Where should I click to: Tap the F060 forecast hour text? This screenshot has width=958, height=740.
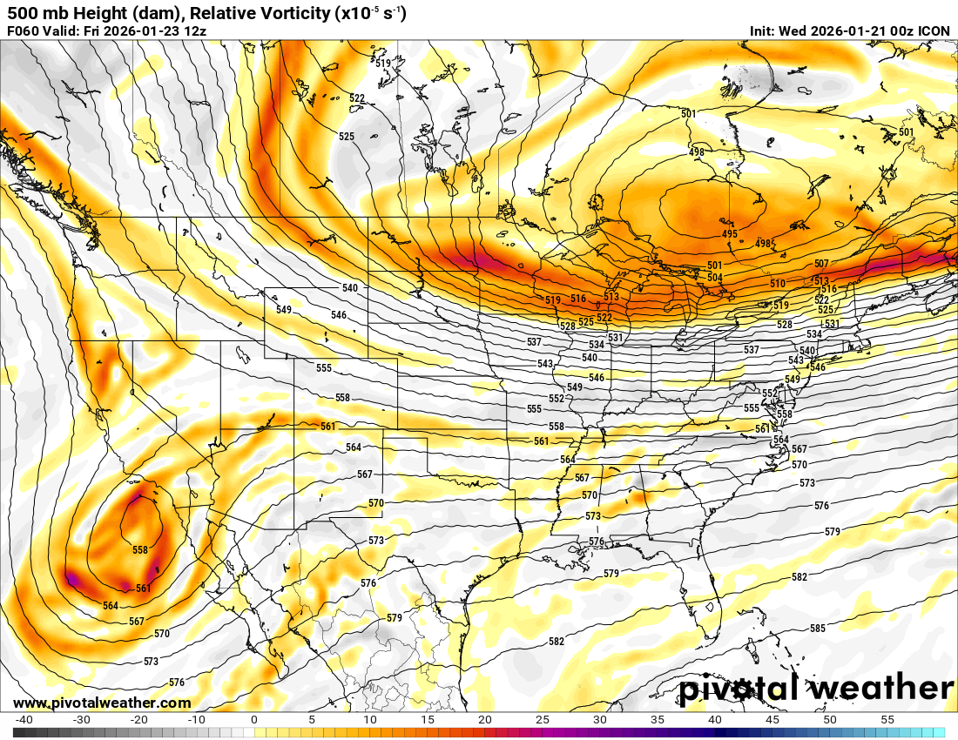[24, 31]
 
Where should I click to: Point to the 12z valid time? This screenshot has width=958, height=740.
[196, 31]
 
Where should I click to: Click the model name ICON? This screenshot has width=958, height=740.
[934, 31]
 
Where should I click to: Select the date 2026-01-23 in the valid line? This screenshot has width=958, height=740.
[142, 31]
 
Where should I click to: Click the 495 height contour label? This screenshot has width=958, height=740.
[730, 234]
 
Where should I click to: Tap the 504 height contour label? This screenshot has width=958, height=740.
[715, 277]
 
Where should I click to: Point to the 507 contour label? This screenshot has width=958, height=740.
[821, 264]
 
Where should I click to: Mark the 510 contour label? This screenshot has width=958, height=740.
[778, 284]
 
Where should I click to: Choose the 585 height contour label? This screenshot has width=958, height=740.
[818, 629]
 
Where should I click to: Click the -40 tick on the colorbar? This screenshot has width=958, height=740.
[24, 720]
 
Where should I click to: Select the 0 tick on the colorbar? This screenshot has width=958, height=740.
[253, 720]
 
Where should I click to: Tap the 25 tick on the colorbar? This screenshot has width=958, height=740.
[542, 720]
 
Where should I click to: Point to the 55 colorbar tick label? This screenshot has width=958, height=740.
[887, 720]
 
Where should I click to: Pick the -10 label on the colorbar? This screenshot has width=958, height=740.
[196, 720]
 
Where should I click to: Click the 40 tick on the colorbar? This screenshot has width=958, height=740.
[715, 720]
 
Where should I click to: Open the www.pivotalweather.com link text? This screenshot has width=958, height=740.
[102, 703]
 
